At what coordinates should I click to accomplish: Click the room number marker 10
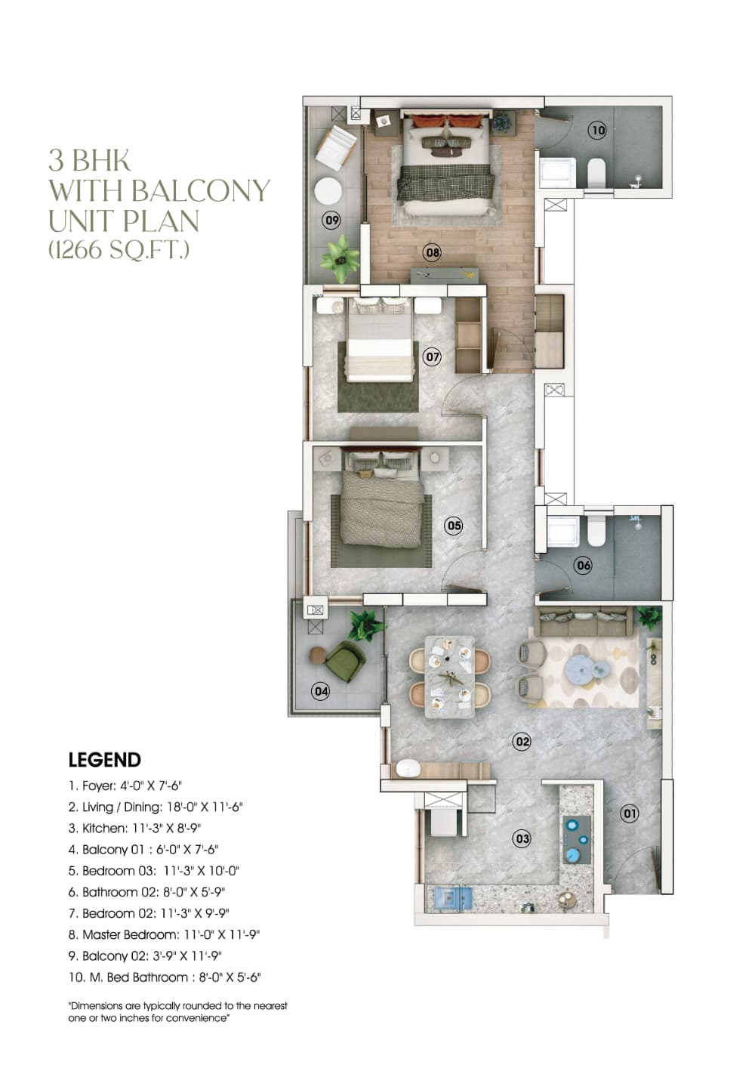598,130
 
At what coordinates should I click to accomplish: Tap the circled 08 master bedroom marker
432,252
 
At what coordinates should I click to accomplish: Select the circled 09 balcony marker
331,220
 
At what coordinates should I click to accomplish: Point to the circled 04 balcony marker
321,690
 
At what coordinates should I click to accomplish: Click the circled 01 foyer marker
629,813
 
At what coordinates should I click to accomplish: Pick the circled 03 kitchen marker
522,838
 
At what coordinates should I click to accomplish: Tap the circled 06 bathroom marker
583,565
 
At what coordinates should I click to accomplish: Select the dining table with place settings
449,676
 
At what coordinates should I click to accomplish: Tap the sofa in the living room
581,621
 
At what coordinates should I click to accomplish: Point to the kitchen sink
450,897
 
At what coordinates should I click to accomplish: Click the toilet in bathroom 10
596,172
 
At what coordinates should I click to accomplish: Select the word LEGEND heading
105,760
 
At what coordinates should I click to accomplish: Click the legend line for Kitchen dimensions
134,828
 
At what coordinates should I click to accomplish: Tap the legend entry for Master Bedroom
164,934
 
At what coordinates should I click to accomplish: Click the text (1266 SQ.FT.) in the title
119,249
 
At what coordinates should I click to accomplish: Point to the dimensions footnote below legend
178,1012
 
